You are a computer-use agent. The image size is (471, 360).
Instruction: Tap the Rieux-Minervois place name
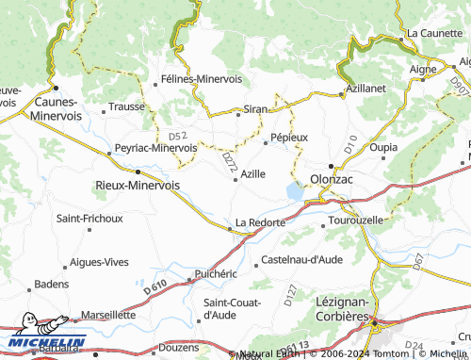click(138, 186)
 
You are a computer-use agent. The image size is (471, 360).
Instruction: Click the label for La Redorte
click(259, 221)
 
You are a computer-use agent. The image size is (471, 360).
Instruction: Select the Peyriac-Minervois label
click(155, 148)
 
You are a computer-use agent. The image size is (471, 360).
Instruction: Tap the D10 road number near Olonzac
click(350, 148)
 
